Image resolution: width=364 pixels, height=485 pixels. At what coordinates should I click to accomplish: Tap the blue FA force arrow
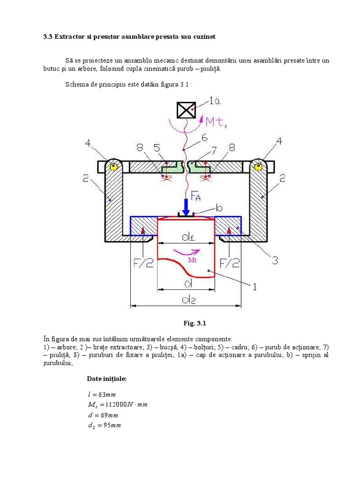point(186,206)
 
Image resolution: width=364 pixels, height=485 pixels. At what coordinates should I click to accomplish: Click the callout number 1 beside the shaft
point(254,286)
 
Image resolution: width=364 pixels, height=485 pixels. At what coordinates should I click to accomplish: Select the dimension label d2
point(186,299)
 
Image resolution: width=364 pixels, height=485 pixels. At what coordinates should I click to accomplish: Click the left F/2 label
point(143,263)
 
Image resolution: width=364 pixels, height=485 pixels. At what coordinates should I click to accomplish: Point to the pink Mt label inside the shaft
point(192,260)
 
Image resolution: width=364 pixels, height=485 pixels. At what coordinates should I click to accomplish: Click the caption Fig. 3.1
point(195,323)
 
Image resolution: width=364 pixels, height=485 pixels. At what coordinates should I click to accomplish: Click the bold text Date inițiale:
point(107,378)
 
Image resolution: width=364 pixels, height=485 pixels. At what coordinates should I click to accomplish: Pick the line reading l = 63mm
point(102,394)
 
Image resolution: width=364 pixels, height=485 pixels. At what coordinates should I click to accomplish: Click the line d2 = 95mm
point(104,425)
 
